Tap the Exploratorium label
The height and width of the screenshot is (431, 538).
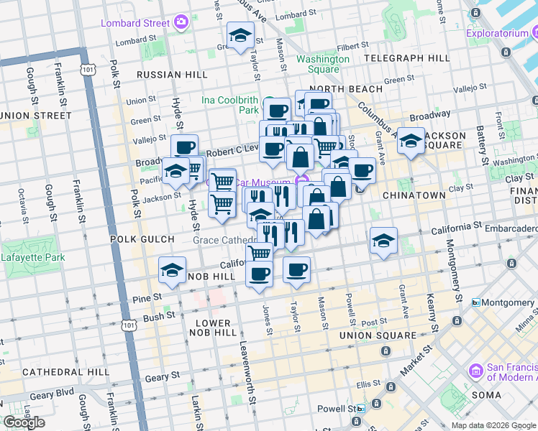(499, 33)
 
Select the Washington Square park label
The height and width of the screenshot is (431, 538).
(317, 64)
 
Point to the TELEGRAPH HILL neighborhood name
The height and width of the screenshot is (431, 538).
(407, 57)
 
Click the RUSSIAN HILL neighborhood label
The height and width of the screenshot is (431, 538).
(171, 75)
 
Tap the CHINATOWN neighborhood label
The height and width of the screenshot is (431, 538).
(414, 195)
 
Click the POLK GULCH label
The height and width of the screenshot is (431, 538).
(142, 239)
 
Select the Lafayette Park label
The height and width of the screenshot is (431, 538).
(33, 257)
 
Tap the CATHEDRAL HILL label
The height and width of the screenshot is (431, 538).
(65, 372)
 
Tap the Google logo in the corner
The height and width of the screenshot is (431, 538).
(24, 422)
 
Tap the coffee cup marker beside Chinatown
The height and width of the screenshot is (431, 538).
(362, 171)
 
